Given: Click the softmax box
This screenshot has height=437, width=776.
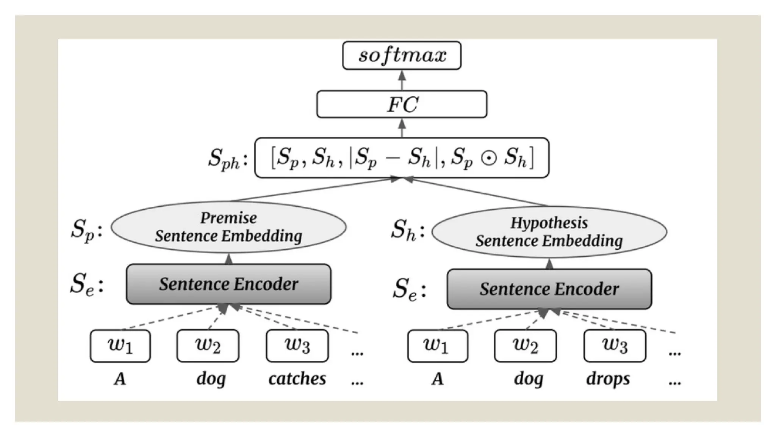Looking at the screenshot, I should [402, 55].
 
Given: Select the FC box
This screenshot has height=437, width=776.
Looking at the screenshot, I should [402, 104].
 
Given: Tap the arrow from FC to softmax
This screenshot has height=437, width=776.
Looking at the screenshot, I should [402, 80].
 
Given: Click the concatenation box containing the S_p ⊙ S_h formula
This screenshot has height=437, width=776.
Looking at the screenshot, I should [402, 158].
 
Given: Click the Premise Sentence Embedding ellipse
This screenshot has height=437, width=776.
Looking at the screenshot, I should [228, 227].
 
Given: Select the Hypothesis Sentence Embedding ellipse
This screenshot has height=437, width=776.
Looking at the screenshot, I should [549, 232].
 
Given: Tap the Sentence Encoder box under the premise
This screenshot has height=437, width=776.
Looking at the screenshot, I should [228, 284].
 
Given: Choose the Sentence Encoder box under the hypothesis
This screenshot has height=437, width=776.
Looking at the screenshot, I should [549, 289].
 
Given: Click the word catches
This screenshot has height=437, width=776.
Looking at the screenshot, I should [297, 379].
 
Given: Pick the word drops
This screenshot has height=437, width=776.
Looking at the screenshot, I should [608, 379].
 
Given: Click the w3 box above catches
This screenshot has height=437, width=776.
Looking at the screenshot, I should [297, 346].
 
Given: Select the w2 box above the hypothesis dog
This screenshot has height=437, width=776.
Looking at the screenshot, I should [525, 346].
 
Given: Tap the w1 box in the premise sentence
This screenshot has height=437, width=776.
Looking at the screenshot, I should [120, 346].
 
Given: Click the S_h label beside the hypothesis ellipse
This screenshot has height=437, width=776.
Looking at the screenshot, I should [408, 230].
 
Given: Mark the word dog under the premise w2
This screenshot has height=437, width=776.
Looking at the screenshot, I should [211, 379].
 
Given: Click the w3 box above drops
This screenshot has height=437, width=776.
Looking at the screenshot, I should [615, 346].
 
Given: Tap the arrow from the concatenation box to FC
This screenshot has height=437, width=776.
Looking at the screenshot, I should [402, 128].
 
